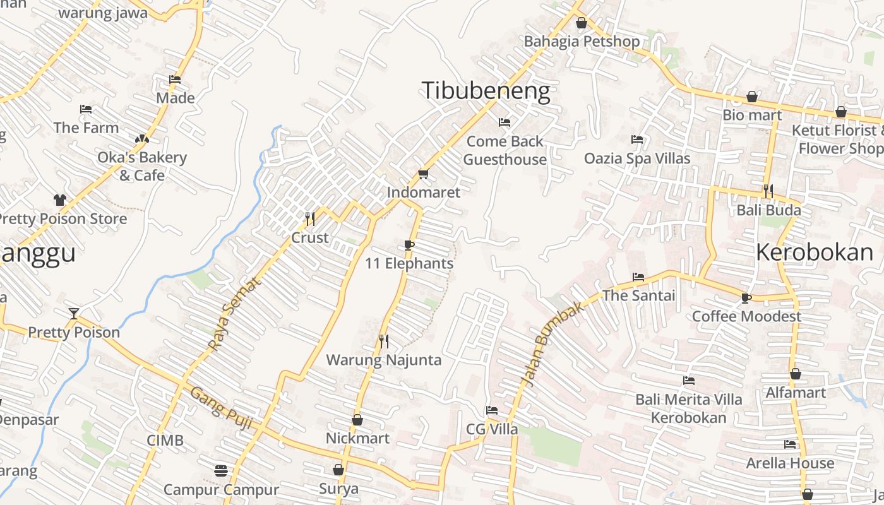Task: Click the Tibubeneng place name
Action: (x=486, y=91)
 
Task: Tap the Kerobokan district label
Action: (x=815, y=252)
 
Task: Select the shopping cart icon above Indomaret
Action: (x=423, y=174)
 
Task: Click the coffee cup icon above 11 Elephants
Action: (x=409, y=245)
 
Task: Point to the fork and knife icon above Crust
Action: (x=310, y=219)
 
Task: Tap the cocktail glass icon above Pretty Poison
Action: (x=74, y=313)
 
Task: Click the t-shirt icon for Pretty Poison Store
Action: (x=60, y=200)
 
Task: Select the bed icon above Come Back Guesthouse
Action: (x=504, y=122)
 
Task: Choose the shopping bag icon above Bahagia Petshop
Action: (x=582, y=23)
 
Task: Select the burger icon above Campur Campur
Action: (x=220, y=471)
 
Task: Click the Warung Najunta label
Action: (x=383, y=360)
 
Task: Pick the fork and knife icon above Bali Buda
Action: (x=768, y=191)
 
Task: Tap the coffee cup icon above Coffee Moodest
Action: (x=746, y=298)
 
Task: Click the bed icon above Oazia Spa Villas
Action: (x=637, y=140)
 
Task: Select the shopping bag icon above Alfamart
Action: (x=796, y=374)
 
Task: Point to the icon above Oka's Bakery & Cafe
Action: (x=142, y=138)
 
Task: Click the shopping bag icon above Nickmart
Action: (x=357, y=420)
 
